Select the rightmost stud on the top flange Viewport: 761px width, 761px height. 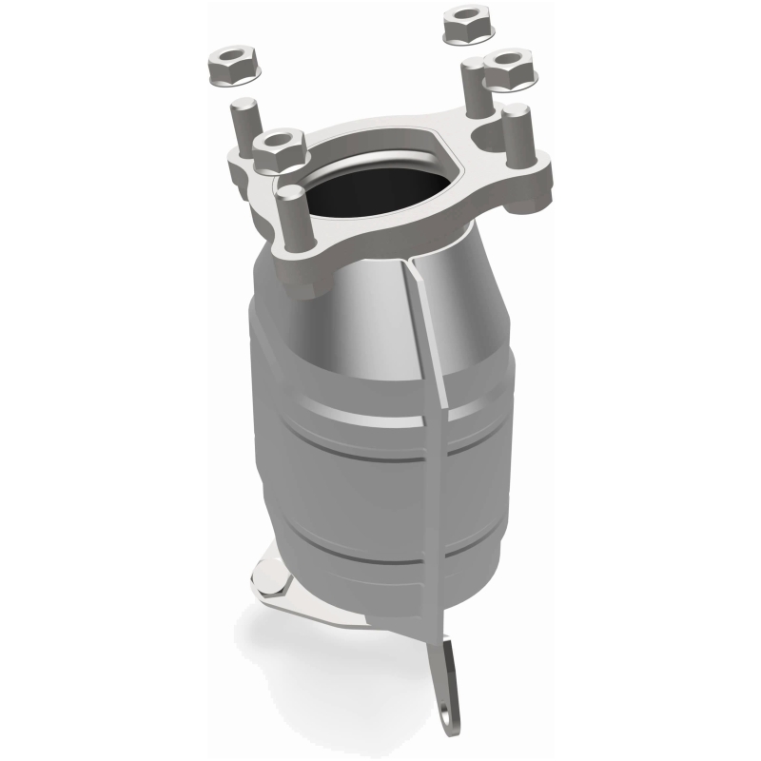pyautogui.click(x=515, y=133)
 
